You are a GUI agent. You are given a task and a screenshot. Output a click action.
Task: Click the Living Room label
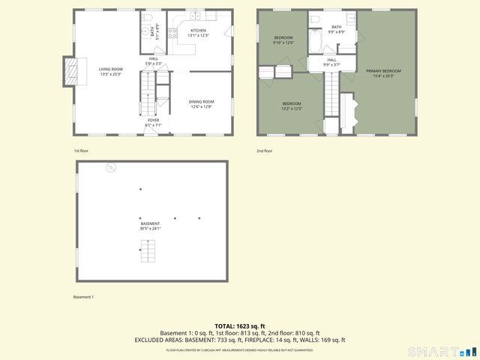point(110,72)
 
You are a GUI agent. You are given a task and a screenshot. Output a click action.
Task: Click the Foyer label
point(152,122)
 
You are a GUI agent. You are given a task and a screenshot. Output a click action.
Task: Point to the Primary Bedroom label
point(383,73)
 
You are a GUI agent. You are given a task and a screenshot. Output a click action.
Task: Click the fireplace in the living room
point(72,72)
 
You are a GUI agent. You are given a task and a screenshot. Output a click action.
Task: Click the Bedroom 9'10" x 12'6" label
point(283,40)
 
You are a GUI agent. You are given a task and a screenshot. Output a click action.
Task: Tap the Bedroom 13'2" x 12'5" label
point(292,106)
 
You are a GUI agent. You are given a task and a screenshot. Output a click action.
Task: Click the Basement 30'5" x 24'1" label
point(150,226)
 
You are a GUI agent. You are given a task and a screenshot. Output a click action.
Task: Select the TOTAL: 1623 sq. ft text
point(239,326)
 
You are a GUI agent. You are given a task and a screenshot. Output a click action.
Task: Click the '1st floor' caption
point(81,151)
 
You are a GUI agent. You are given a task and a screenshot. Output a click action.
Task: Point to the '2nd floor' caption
point(264,151)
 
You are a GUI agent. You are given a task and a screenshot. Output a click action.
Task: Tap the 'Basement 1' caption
point(83,298)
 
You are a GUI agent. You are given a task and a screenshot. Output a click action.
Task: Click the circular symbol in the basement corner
point(109,168)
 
